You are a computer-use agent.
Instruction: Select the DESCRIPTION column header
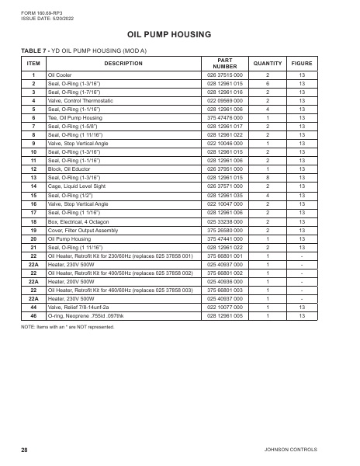pos(123,64)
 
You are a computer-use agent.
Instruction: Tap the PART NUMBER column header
pos(226,64)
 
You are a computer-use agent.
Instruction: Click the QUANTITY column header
pos(268,64)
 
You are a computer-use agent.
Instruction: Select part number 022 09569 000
pos(226,101)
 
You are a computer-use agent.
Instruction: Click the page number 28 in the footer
pos(25,450)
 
